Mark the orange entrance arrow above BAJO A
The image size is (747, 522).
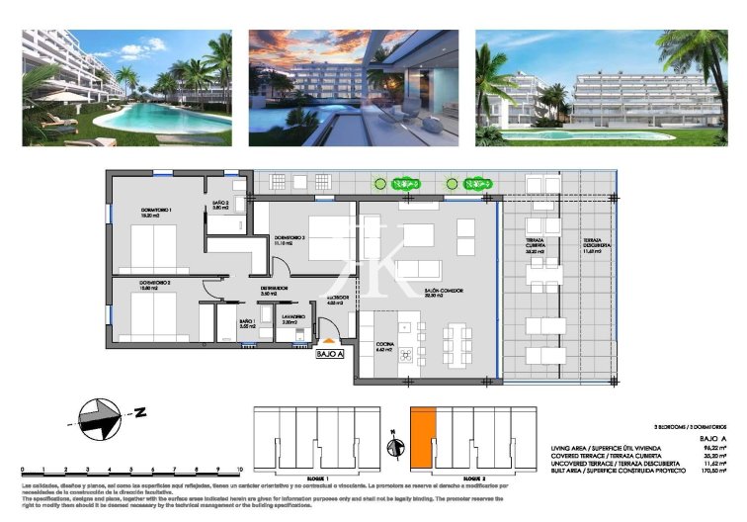coord(329,341)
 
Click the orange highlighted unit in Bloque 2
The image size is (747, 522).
coord(423,439)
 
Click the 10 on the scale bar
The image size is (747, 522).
coord(239,470)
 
